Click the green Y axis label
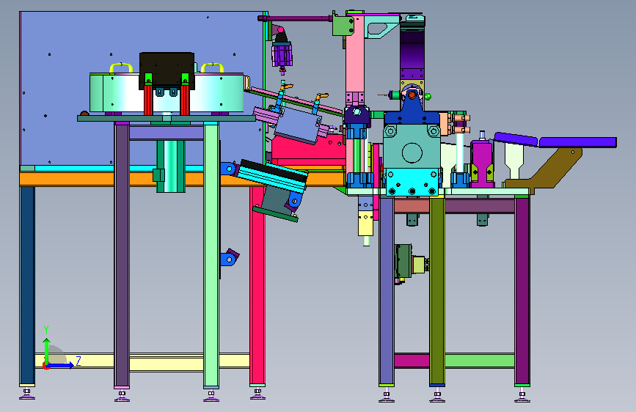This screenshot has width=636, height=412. pyautogui.click(x=46, y=330)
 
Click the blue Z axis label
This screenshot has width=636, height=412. pyautogui.click(x=78, y=361)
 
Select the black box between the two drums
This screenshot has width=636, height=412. pyautogui.click(x=167, y=70)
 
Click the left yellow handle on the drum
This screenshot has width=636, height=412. pyautogui.click(x=121, y=67)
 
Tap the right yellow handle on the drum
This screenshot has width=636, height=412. pyautogui.click(x=212, y=67)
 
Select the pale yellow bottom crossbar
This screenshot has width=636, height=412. pyautogui.click(x=142, y=361)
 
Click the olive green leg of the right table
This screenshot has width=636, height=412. pyautogui.click(x=437, y=290)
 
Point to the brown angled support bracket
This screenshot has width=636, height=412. pyautogui.click(x=547, y=169)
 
